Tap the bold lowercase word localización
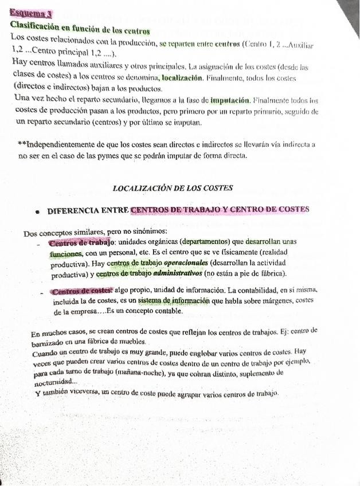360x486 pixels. click(x=182, y=77)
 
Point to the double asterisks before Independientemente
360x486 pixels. click(x=22, y=144)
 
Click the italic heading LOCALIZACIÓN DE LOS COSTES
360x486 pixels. click(x=173, y=188)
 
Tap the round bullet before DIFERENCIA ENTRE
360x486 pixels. click(x=37, y=211)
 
